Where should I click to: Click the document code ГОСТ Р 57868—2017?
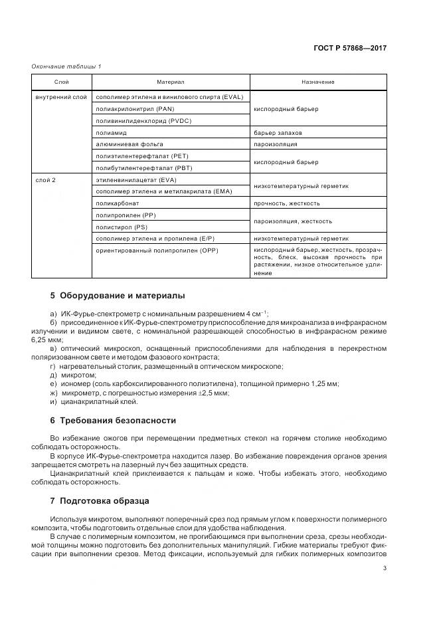pos(350,49)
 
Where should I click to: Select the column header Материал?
pos(171,82)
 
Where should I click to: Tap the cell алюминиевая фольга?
pos(130,144)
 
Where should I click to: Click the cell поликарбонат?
pos(119,203)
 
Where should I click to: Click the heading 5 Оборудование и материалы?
pos(118,295)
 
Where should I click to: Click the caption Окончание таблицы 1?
pos(66,66)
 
